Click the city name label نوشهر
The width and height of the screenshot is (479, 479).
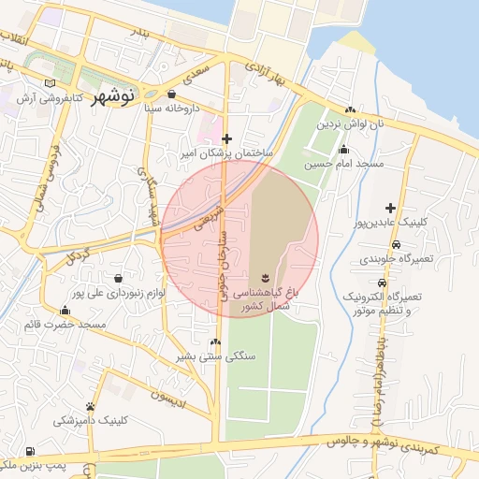pos(113,94)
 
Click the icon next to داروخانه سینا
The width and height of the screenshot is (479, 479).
pos(172,94)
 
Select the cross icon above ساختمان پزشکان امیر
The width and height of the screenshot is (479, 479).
pos(226,138)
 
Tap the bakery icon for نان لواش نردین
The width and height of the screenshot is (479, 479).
pos(351,109)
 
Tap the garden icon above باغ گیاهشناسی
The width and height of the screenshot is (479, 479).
pos(266,277)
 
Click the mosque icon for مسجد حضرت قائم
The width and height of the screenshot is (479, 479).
pos(65,311)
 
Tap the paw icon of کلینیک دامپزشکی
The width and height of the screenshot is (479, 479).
pos(90,406)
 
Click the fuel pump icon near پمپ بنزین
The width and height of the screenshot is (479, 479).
pos(33,451)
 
